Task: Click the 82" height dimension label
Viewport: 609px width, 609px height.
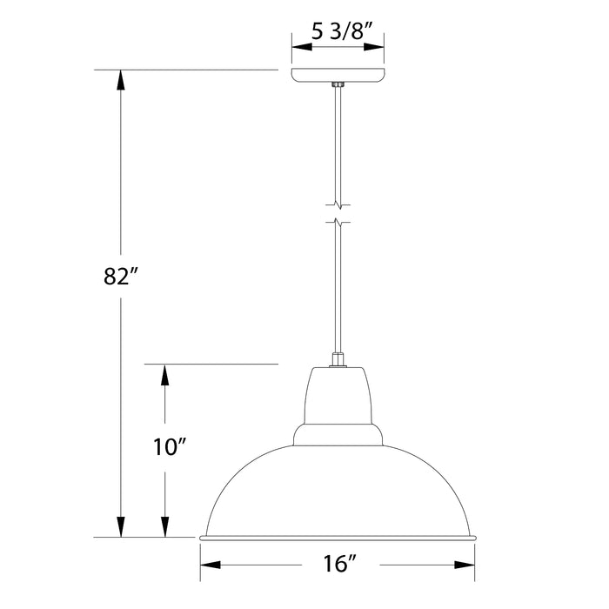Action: (122, 278)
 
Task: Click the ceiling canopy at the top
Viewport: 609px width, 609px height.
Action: (338, 76)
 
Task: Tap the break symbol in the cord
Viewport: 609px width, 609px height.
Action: (338, 213)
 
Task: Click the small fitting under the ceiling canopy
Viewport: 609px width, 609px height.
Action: (338, 85)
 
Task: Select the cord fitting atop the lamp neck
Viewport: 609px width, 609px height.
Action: (338, 358)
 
